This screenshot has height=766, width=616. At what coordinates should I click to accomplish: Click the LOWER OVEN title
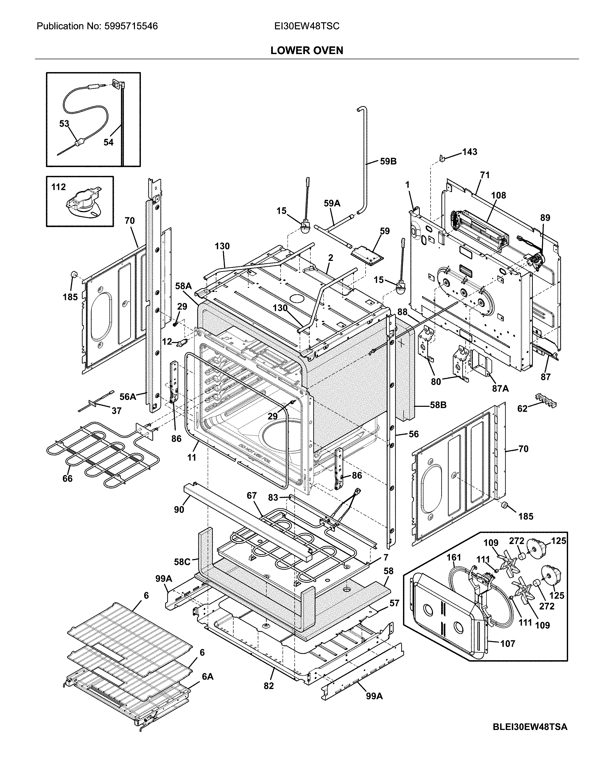point(306,50)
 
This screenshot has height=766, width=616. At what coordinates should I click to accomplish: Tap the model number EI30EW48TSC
point(306,26)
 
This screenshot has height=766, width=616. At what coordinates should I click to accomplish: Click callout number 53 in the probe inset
point(64,124)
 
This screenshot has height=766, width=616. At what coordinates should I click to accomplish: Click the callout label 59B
point(388,161)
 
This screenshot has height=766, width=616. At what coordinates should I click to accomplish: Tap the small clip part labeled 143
point(442,157)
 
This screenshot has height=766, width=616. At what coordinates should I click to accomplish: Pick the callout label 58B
point(438,405)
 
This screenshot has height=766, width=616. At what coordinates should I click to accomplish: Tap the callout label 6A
point(208,677)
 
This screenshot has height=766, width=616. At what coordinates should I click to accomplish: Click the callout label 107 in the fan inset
point(507,643)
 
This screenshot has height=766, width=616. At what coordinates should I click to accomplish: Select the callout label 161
point(454,557)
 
